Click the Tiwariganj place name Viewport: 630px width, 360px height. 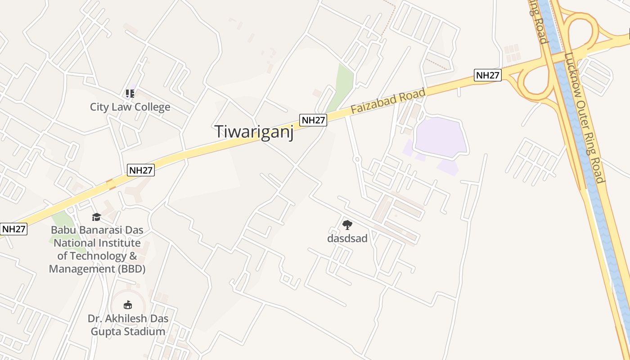[254, 131]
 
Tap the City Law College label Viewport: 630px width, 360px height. [130, 107]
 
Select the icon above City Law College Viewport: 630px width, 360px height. [130, 94]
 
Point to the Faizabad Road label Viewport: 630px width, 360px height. [388, 101]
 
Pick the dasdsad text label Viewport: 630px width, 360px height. [347, 238]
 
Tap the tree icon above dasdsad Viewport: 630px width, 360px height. [347, 225]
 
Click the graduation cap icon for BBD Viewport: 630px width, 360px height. [97, 217]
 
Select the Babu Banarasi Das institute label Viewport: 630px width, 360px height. [97, 249]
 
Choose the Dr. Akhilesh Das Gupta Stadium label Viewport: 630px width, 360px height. [128, 325]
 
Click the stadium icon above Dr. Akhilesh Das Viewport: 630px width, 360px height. [128, 305]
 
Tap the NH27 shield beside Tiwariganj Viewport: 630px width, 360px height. [313, 120]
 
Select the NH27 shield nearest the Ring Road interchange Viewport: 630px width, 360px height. [488, 75]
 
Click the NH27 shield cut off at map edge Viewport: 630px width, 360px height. [13, 229]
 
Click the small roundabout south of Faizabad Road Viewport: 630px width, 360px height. [357, 159]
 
